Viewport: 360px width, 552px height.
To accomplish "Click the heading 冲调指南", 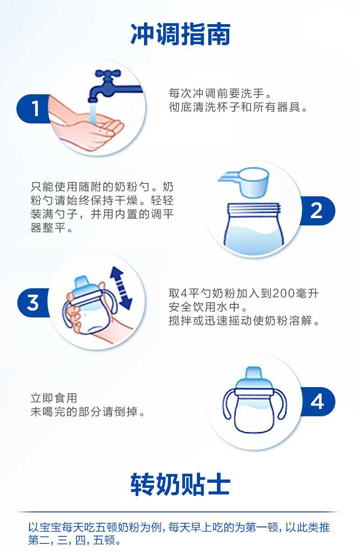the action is click(180, 34).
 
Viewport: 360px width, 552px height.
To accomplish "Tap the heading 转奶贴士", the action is click(180, 485).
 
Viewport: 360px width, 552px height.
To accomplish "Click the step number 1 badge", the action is click(34, 108).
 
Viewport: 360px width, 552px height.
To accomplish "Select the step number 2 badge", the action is click(317, 211).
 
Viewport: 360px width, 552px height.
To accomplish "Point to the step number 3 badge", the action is click(33, 302).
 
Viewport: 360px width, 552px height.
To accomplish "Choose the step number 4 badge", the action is click(318, 402).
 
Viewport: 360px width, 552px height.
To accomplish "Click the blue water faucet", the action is click(113, 86).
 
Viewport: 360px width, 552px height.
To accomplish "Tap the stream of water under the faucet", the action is click(93, 114).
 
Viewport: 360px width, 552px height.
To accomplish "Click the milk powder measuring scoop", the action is click(245, 182).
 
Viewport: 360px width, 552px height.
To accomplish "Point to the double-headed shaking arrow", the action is click(121, 288).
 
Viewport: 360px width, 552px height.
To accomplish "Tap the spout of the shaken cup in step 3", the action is click(82, 281).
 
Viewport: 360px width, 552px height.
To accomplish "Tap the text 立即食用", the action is click(54, 398).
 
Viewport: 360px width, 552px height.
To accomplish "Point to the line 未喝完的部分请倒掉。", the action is click(87, 412).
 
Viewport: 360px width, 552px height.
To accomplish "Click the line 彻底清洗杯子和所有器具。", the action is click(238, 107).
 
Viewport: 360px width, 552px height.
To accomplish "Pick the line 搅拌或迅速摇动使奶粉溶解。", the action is click(244, 321).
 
